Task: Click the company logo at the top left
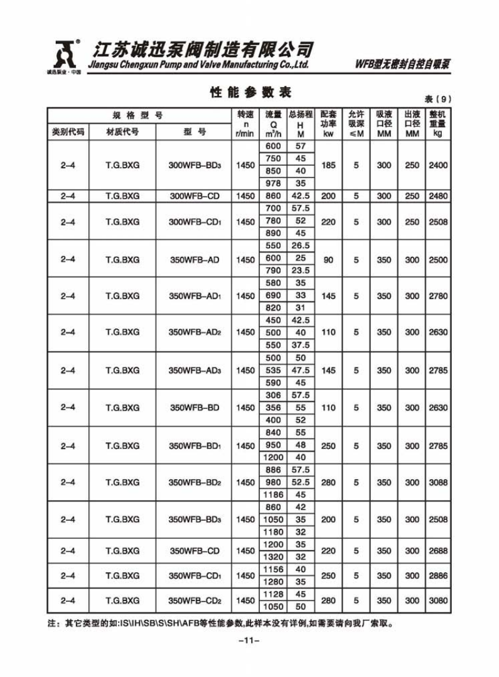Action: click(65, 55)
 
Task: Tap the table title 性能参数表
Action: click(250, 92)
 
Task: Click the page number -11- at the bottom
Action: click(249, 641)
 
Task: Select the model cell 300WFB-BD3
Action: click(195, 166)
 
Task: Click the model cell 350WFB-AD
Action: click(195, 259)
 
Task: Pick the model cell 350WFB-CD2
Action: click(195, 600)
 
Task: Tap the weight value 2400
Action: click(437, 166)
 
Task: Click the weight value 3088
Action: click(437, 482)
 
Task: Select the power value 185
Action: click(328, 166)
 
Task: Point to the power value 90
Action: click(328, 259)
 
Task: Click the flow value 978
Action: click(274, 183)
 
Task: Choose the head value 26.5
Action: click(301, 246)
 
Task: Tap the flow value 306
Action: click(274, 395)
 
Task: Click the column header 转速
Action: click(245, 115)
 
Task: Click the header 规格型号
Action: click(138, 116)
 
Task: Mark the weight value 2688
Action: click(437, 551)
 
